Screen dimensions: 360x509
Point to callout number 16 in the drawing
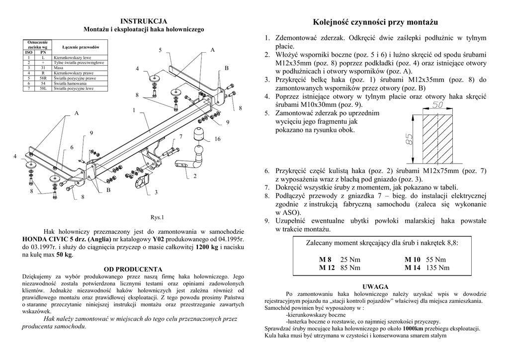click(x=217, y=139)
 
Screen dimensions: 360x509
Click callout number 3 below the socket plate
click(x=156, y=192)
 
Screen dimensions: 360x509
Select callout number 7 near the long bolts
click(x=181, y=136)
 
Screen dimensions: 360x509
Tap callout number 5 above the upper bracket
click(x=161, y=50)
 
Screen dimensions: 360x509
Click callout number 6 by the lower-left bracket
click(x=72, y=147)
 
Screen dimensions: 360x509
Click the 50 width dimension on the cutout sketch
click(x=437, y=105)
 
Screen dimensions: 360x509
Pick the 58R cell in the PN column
click(x=43, y=78)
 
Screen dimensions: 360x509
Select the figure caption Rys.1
click(x=157, y=217)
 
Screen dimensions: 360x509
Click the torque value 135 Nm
click(x=437, y=268)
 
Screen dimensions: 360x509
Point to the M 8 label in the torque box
click(x=325, y=260)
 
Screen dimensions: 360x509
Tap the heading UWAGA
click(x=375, y=287)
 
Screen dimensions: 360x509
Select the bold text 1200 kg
click(x=207, y=247)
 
